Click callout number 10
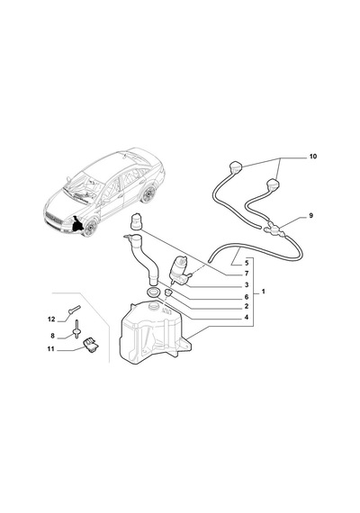point(313,157)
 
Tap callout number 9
point(310,216)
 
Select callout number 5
point(247,263)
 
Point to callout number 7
point(247,274)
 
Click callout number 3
point(247,285)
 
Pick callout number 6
point(247,297)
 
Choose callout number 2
point(247,307)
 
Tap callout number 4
point(247,317)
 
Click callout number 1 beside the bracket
point(264,292)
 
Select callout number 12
point(51,319)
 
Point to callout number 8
point(52,336)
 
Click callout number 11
point(50,349)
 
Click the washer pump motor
point(180,271)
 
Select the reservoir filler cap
point(136,220)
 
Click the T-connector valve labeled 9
point(274,227)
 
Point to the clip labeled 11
point(91,345)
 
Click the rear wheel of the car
point(148,194)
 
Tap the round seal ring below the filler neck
point(153,292)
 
